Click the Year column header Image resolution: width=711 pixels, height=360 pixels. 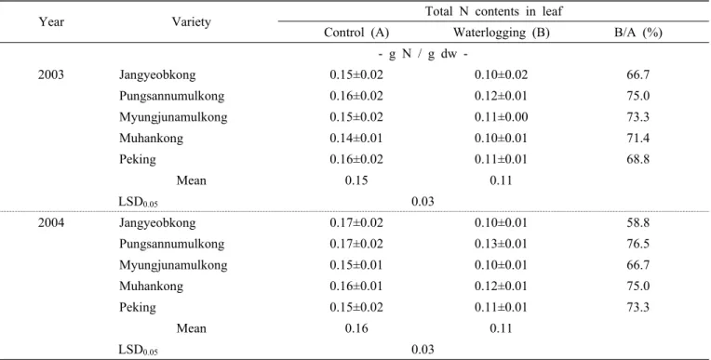[x=51, y=21]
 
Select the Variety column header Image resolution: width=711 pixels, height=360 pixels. [x=191, y=21]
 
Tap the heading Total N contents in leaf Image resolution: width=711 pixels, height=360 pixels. [x=493, y=11]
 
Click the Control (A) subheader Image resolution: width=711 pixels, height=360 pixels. [x=355, y=33]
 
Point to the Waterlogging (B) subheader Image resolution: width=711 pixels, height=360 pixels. [x=501, y=33]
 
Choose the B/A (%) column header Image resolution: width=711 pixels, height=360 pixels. [x=638, y=33]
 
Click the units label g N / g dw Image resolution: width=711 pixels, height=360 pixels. [x=423, y=54]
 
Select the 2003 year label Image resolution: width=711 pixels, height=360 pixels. [x=51, y=74]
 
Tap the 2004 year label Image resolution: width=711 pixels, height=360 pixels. [x=51, y=222]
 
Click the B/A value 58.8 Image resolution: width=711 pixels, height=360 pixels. [x=638, y=222]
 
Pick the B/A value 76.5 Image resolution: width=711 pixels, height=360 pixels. [x=638, y=244]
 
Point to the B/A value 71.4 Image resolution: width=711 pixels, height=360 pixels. [x=638, y=139]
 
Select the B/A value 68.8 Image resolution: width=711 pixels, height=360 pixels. [x=638, y=160]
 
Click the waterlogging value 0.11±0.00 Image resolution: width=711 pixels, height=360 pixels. [x=501, y=117]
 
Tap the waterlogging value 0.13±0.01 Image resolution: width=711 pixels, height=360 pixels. [x=501, y=244]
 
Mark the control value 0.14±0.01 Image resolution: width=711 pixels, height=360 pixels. [x=355, y=139]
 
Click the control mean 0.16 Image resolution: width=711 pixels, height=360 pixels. [x=355, y=328]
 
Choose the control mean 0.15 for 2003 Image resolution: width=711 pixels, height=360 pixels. [x=355, y=180]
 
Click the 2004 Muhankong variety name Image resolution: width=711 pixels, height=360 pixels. [x=151, y=287]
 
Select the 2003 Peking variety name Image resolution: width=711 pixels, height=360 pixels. [x=138, y=160]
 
